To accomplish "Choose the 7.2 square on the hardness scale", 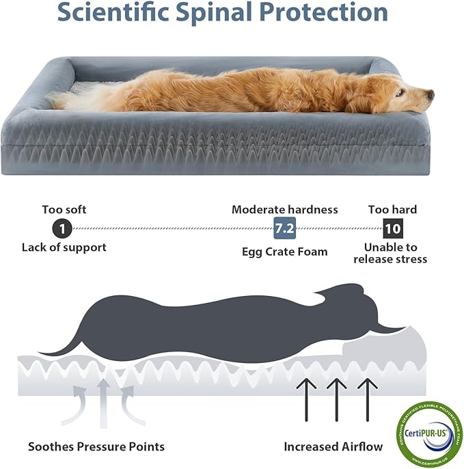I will (x=284, y=228).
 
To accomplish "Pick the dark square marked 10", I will (x=392, y=228).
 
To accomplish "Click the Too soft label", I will (x=64, y=209).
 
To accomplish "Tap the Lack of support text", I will (x=64, y=247).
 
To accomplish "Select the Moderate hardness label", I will (x=284, y=209).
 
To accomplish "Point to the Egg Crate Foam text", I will (x=284, y=252).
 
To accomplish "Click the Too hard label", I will (x=392, y=209).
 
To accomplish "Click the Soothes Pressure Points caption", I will (x=96, y=446).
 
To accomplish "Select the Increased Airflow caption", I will (x=333, y=446).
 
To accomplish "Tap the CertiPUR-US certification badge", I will (x=424, y=432).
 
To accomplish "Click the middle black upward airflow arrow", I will (x=334, y=401).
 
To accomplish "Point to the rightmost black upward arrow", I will (x=366, y=401).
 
